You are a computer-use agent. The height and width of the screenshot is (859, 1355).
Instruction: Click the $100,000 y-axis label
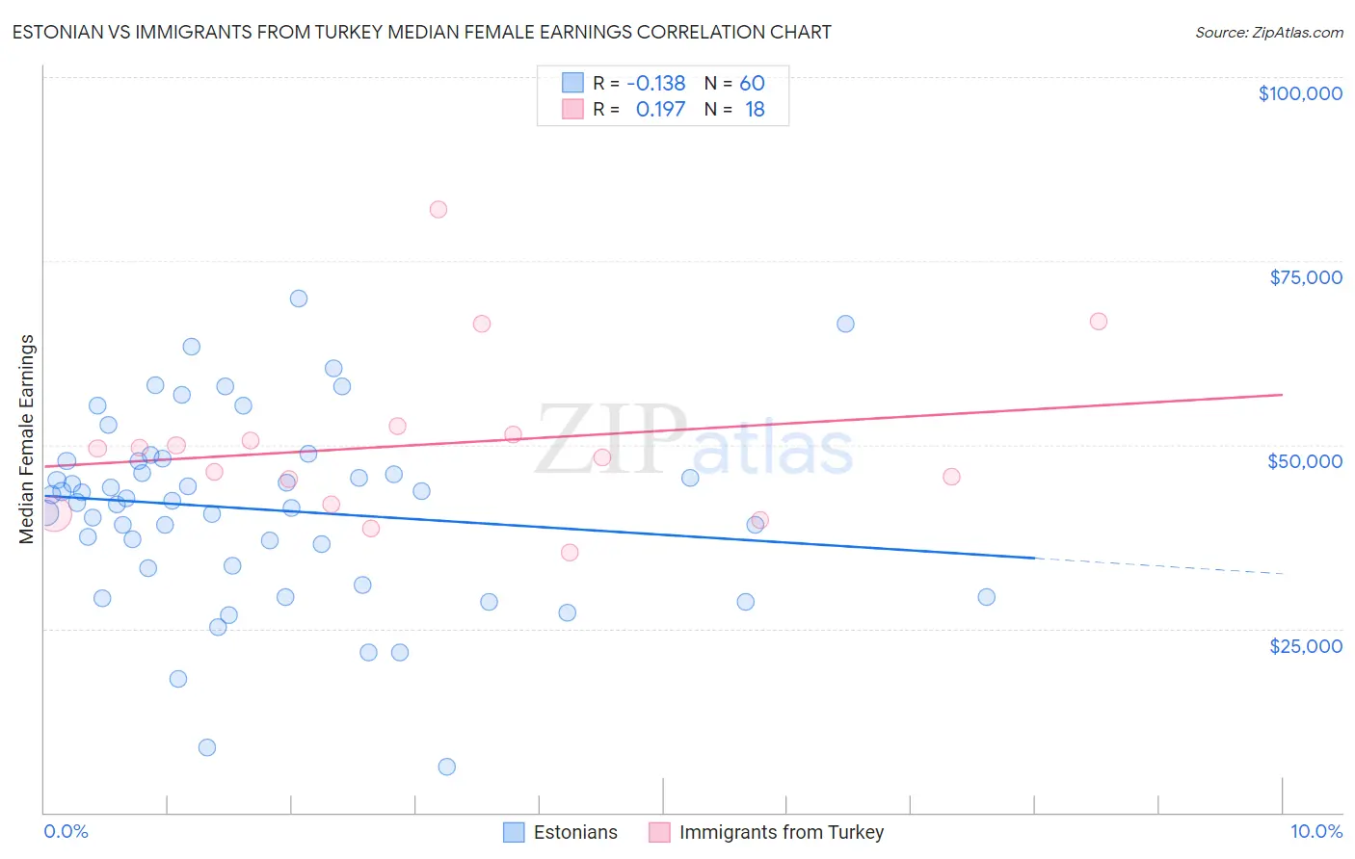(x=1300, y=93)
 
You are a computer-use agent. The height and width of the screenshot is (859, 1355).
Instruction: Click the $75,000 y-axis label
(x=1305, y=277)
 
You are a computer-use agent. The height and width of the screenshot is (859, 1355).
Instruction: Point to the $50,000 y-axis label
(x=1304, y=461)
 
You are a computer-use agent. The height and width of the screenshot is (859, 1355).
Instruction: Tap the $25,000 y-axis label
(x=1305, y=646)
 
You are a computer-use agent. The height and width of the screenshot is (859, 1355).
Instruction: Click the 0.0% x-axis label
(x=66, y=832)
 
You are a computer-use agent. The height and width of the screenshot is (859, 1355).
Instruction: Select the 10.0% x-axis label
(x=1315, y=832)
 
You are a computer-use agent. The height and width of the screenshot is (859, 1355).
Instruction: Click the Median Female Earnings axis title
(x=27, y=439)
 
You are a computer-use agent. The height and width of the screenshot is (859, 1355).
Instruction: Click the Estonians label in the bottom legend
(x=575, y=832)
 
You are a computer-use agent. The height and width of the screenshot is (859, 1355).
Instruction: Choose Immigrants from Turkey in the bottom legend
(x=781, y=832)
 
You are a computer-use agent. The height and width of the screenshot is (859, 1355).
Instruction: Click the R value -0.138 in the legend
(x=655, y=84)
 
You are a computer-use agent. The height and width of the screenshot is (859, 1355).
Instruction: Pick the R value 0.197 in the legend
(x=660, y=110)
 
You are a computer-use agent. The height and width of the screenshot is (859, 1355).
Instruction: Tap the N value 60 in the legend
(x=752, y=84)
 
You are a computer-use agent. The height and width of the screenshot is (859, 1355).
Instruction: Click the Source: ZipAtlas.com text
(x=1268, y=33)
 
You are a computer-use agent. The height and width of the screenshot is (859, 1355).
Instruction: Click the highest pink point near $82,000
(x=438, y=209)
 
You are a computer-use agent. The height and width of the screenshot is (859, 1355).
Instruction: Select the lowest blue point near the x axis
(x=446, y=767)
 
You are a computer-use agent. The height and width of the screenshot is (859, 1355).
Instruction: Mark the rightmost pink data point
(x=1099, y=322)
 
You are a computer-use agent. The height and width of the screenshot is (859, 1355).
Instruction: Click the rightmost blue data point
(x=986, y=597)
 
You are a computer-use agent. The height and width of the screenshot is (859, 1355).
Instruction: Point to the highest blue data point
(x=299, y=299)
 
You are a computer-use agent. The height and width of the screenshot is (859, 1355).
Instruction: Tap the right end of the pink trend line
(x=1282, y=395)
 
